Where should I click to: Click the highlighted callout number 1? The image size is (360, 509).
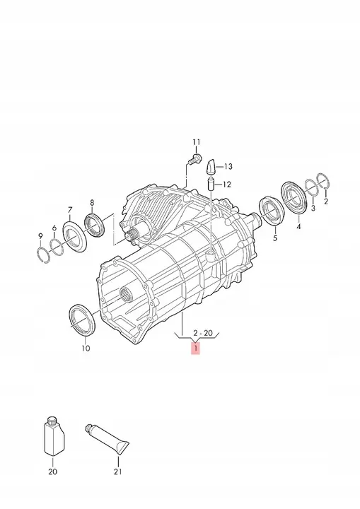coord(195,349)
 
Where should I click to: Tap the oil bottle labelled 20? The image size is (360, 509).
coord(53,437)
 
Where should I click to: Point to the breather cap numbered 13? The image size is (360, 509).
coord(211,168)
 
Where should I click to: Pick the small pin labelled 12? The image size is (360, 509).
coord(211,185)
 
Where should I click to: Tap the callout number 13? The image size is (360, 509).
coord(228,167)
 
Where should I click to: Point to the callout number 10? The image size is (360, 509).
coord(85,348)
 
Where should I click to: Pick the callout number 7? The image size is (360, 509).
coord(69,209)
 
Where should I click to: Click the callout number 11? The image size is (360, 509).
coord(197,141)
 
